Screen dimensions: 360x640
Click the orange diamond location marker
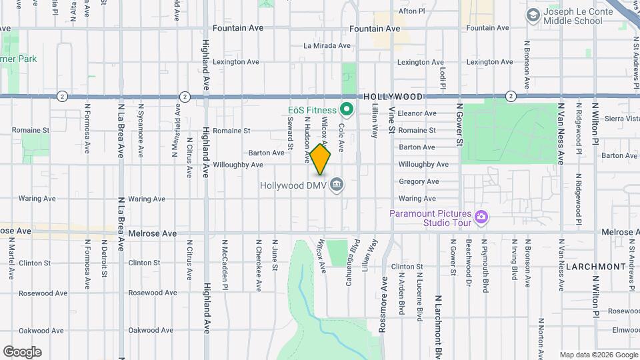[320, 159]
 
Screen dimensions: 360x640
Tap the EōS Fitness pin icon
[346, 109]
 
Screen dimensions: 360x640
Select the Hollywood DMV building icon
[337, 183]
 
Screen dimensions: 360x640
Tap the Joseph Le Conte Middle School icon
[533, 15]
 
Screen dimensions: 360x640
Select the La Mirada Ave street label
[327, 46]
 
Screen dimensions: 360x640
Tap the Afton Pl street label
[411, 11]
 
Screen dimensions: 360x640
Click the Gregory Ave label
[419, 181]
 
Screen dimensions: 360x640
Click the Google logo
[22, 351]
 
